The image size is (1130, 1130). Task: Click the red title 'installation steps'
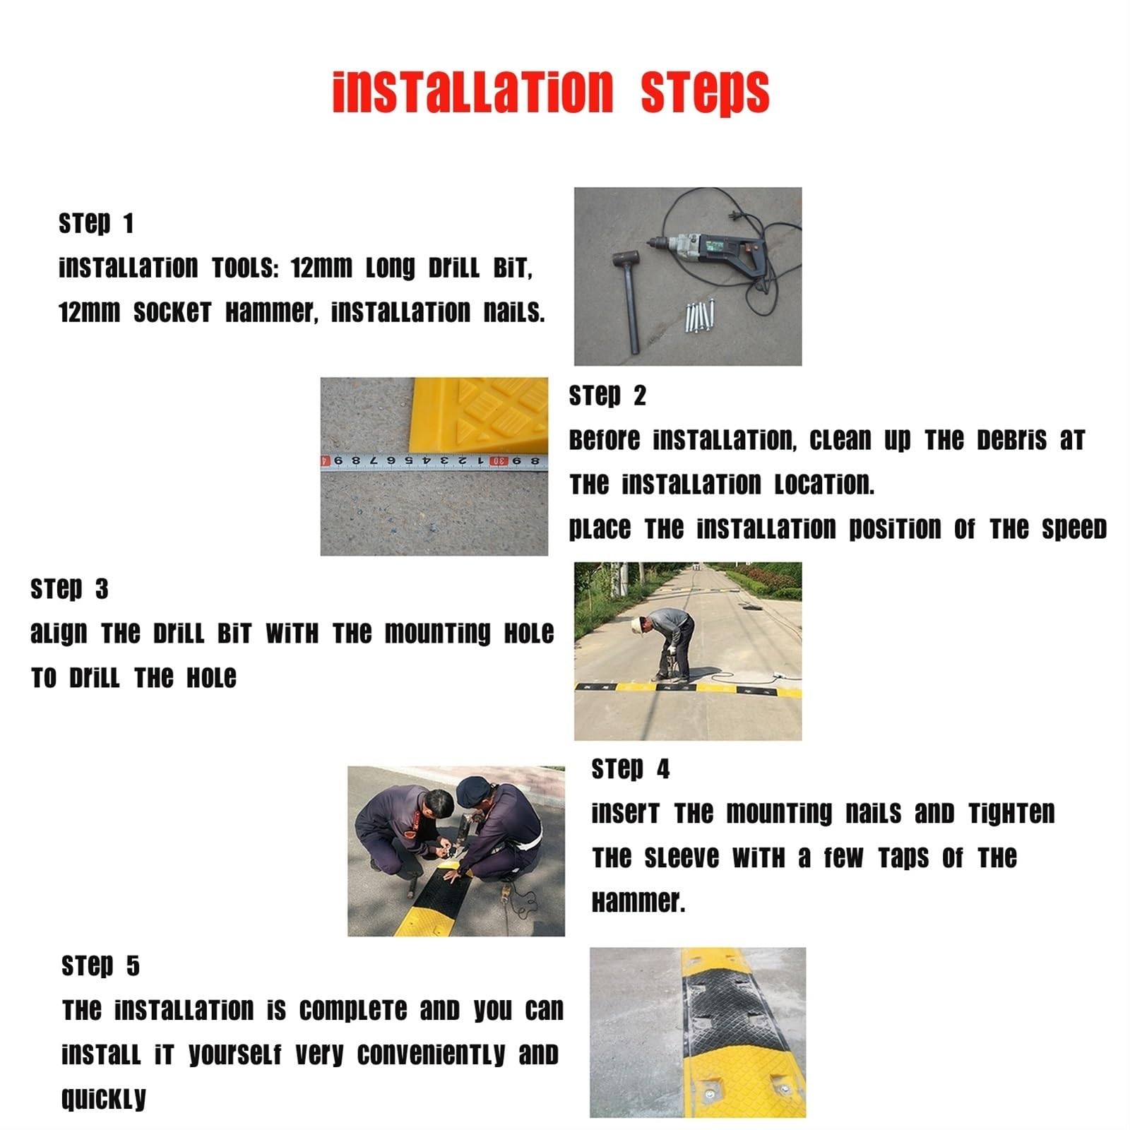point(551,93)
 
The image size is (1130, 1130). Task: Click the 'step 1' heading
point(96,223)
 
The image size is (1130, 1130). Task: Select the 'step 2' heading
point(607,395)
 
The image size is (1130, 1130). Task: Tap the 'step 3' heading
point(69,588)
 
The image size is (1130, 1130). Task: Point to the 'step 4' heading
point(630,768)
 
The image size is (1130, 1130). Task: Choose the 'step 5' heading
point(100,965)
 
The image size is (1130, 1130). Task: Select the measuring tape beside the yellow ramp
point(434,461)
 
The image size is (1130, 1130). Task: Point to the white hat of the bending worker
point(637,624)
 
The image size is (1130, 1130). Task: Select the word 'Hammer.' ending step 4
point(638,902)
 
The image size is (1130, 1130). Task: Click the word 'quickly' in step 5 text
point(104,1099)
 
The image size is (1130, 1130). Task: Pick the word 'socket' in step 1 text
point(172,311)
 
